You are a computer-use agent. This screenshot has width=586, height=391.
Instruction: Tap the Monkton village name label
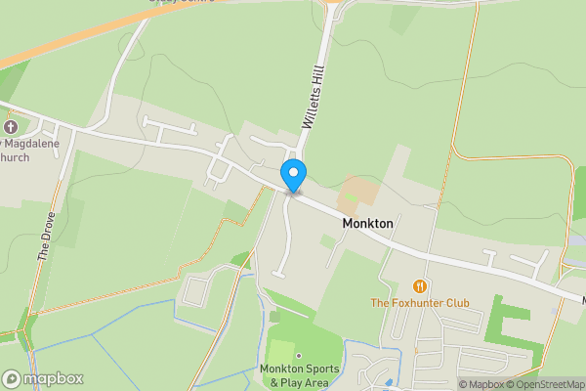(x=368, y=223)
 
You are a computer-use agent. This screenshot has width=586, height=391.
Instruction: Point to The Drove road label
(x=44, y=238)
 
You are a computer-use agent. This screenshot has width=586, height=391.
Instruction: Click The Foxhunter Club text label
(x=419, y=303)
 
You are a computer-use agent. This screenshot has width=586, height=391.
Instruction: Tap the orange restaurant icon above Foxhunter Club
(x=420, y=286)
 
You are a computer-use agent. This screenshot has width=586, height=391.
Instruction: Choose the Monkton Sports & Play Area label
(x=299, y=375)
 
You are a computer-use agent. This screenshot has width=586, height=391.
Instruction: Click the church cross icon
(x=11, y=128)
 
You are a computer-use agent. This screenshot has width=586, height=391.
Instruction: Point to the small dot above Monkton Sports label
(x=299, y=356)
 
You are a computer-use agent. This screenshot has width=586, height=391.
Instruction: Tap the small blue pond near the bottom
(x=388, y=381)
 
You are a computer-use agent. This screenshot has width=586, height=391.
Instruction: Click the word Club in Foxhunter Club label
(x=453, y=303)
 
